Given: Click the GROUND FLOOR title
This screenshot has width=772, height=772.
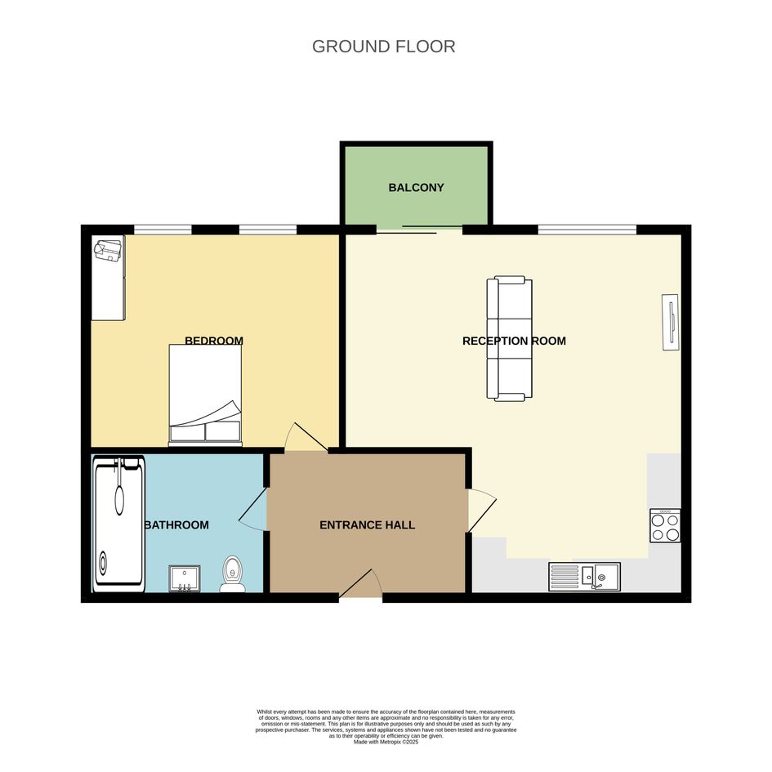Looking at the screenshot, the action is pyautogui.click(x=383, y=47).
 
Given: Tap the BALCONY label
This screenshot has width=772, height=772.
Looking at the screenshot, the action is pyautogui.click(x=416, y=188).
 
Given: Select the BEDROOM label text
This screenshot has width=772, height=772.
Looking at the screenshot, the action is pyautogui.click(x=214, y=340).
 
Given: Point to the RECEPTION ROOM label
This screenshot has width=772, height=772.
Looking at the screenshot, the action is pyautogui.click(x=514, y=341).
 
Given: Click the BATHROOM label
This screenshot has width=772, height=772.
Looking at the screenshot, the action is pyautogui.click(x=176, y=524).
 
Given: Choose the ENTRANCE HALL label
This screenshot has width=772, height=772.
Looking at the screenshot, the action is pyautogui.click(x=368, y=524).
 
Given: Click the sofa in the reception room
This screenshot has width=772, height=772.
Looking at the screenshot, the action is pyautogui.click(x=510, y=338).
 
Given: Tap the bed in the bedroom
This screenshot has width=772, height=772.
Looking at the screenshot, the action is pyautogui.click(x=205, y=395).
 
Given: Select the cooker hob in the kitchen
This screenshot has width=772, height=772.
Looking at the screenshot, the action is pyautogui.click(x=665, y=525).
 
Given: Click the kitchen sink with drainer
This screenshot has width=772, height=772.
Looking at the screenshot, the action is pyautogui.click(x=584, y=577).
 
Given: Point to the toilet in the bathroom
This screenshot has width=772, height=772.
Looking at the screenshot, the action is pyautogui.click(x=232, y=573).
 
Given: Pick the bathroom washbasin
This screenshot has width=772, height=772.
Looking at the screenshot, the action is pyautogui.click(x=185, y=578).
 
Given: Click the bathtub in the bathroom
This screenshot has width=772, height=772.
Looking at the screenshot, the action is pyautogui.click(x=118, y=524).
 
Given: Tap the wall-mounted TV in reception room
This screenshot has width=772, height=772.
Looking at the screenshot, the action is pyautogui.click(x=671, y=322).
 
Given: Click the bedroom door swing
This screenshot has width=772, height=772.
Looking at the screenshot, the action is pyautogui.click(x=306, y=437).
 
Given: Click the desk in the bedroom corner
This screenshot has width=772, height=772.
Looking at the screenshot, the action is pyautogui.click(x=109, y=278).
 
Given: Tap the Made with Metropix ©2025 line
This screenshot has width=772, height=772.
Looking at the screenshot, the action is pyautogui.click(x=386, y=742).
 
